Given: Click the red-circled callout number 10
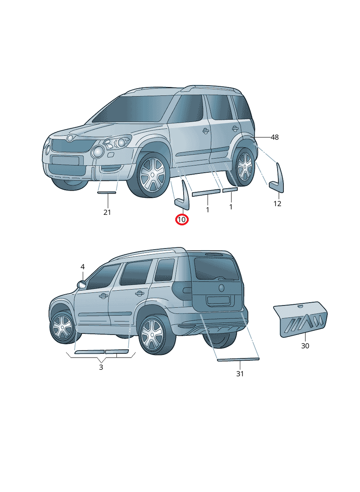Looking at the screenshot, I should point(182,220).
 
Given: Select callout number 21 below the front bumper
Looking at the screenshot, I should point(107,212).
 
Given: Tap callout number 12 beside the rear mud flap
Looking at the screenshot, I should point(278,204).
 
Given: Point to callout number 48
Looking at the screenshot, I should point(274,137).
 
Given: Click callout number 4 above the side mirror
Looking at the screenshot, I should point(82,267).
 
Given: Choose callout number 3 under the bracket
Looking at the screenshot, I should point(101,367).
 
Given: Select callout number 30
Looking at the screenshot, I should point(305,346).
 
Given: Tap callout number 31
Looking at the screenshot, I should point(240,374).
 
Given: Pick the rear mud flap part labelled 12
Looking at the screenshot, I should point(278,179).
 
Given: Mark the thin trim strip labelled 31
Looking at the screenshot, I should point(238,360).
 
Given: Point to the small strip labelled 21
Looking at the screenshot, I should point(107,192).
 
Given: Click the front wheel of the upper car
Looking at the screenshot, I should point(152,175).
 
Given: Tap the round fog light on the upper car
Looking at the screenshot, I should point(98,152).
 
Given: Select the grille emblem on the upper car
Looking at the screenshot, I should point(70,138).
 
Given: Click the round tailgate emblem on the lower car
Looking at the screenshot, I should point(221,287).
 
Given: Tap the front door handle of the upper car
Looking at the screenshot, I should point(205,131).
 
